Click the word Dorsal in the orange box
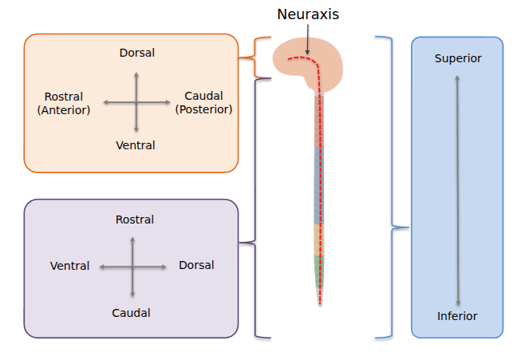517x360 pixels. tap(136, 53)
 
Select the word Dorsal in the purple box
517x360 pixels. tap(196, 265)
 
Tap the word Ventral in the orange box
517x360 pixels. tap(136, 145)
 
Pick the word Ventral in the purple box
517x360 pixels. tap(69, 266)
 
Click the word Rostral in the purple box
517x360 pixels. tap(135, 220)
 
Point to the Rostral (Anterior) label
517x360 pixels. tap(64, 103)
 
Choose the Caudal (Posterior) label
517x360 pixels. tap(203, 102)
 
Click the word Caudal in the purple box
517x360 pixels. tap(131, 313)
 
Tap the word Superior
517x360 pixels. tap(458, 58)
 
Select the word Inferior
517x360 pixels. tap(457, 316)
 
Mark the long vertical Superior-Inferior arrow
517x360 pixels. tap(457, 188)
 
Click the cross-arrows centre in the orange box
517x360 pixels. tap(136, 102)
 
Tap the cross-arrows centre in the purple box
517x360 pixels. tap(132, 267)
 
